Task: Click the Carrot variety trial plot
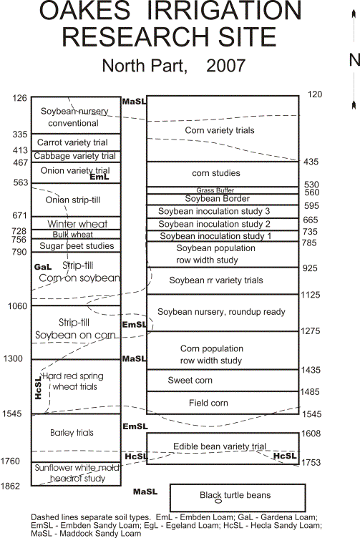76,142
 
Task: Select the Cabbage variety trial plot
76,157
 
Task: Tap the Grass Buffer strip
223,190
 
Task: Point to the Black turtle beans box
238,497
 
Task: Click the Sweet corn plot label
190,380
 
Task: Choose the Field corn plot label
208,403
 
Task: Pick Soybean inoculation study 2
215,224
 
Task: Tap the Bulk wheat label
73,235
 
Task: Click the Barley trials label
72,433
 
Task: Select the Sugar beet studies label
77,245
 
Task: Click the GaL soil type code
43,267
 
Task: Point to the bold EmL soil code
99,177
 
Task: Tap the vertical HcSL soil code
38,388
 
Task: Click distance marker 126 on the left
19,98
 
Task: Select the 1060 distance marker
17,305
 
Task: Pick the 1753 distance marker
311,462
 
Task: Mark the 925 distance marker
310,268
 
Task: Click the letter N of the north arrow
354,60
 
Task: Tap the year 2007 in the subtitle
226,66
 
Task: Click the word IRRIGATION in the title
224,10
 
